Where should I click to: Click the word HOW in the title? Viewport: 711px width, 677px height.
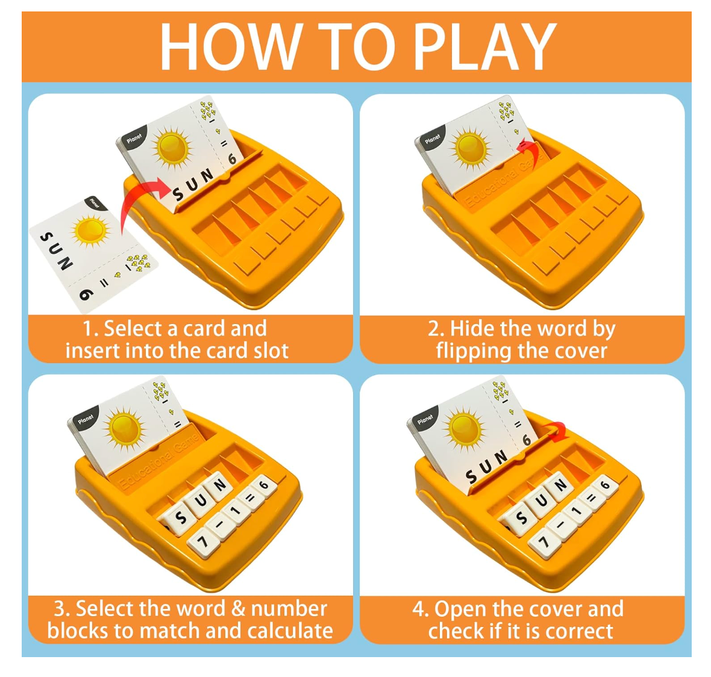tap(232, 46)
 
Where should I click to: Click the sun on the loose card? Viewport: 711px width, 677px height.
tap(91, 231)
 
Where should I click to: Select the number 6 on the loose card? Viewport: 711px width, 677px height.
tap(86, 294)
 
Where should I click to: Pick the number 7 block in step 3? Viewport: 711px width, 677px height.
tap(202, 541)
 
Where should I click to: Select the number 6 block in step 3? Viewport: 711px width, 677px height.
tap(265, 486)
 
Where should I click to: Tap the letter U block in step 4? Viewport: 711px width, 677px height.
tap(540, 501)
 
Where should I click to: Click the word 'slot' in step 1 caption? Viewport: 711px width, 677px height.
tap(271, 351)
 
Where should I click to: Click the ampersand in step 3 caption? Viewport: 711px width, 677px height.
tap(239, 608)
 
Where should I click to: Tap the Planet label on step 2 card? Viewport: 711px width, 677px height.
tap(433, 139)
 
